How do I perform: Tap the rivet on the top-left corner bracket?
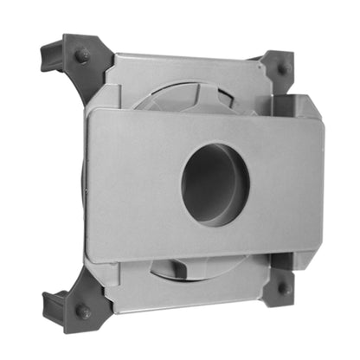[82, 55]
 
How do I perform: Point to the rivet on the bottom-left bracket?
[82, 310]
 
